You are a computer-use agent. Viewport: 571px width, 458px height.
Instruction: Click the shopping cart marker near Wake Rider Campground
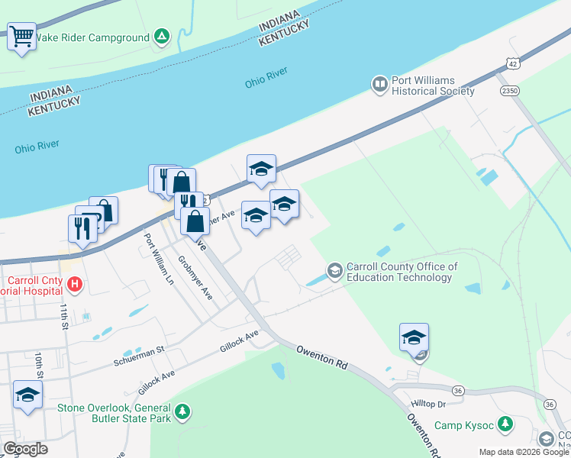click(21, 36)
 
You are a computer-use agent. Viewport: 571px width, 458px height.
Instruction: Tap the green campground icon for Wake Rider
click(161, 37)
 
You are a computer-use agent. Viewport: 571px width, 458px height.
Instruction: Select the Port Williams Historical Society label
click(433, 85)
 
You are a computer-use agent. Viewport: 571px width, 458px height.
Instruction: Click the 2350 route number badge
click(510, 91)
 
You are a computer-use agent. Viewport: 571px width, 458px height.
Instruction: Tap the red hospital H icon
click(75, 285)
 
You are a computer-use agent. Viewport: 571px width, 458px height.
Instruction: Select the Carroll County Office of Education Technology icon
click(334, 270)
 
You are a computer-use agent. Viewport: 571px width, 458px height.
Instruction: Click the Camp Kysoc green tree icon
click(505, 424)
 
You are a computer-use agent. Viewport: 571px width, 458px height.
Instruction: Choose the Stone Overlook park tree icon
click(182, 412)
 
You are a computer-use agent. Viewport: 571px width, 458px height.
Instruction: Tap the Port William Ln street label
click(158, 258)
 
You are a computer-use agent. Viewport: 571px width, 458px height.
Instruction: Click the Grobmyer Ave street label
click(195, 278)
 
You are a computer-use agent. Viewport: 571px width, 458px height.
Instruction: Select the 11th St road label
click(64, 314)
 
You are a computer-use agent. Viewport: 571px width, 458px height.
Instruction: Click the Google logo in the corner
click(25, 449)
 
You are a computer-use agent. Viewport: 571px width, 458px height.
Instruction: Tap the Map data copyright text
click(523, 452)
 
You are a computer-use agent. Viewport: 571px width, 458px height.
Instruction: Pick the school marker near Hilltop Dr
click(414, 337)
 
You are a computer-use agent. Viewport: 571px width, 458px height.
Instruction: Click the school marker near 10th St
click(27, 395)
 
